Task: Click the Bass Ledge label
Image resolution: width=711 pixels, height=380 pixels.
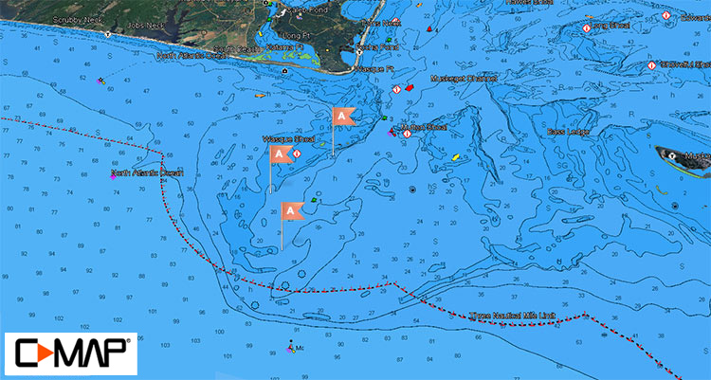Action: tap(569, 132)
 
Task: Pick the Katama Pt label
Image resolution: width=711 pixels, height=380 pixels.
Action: tap(284, 46)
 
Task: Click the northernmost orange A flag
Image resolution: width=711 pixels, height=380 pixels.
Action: tap(342, 117)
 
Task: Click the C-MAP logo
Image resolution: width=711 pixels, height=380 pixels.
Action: tap(70, 354)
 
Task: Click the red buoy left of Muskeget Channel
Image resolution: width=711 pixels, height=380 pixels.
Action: tap(410, 88)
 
